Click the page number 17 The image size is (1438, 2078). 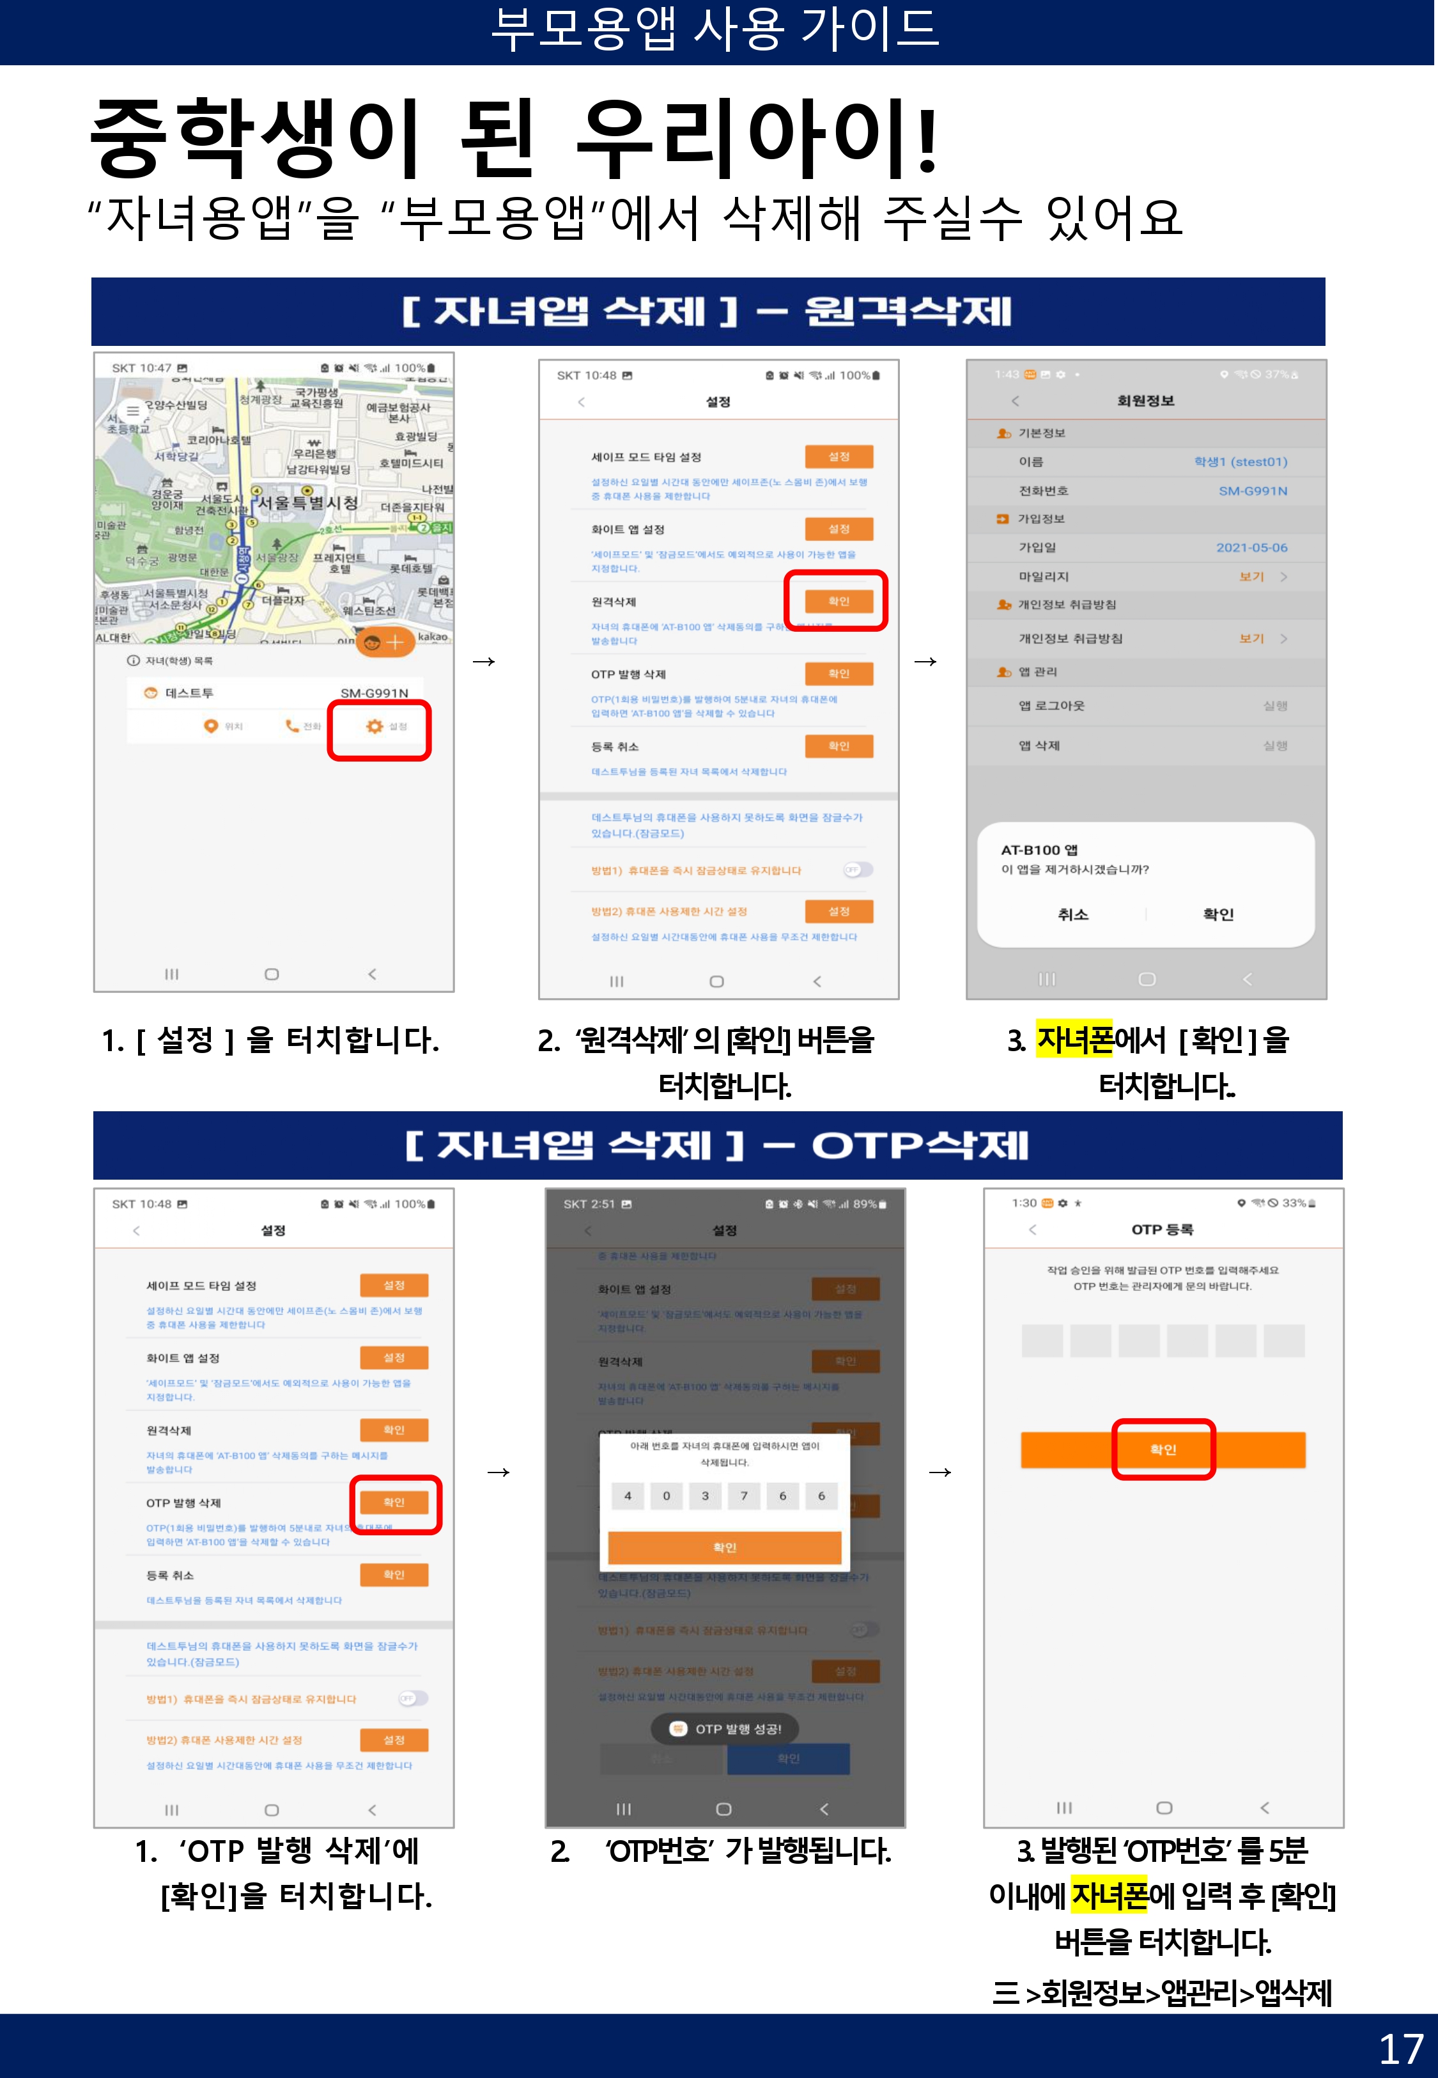pos(1400,2048)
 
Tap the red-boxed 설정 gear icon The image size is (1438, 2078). pos(375,726)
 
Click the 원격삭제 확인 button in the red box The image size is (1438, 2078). pos(838,601)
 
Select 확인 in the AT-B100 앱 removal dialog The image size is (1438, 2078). pos(1218,914)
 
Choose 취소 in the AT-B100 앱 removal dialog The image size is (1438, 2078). pos(1072,914)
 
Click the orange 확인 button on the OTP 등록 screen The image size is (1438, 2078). pos(1163,1449)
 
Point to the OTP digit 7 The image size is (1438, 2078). pos(743,1496)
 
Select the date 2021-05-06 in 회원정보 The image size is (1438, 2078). pos(1251,547)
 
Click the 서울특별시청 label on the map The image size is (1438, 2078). pos(308,502)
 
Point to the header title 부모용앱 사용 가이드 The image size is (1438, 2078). pos(716,29)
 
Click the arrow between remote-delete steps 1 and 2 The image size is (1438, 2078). pos(484,661)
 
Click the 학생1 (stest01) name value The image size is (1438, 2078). pos(1240,462)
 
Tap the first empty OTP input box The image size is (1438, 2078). pos(1042,1340)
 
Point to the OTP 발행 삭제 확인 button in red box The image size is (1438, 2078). pos(394,1502)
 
